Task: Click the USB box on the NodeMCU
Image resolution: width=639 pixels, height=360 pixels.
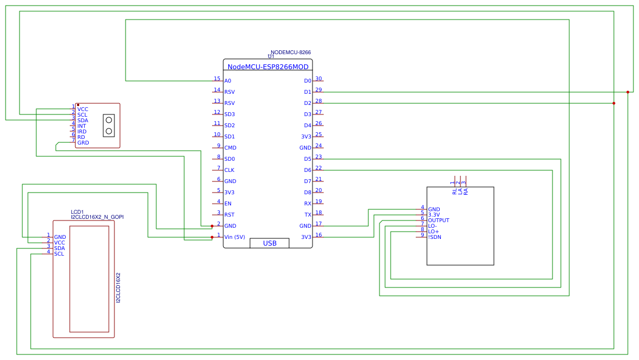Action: tap(270, 243)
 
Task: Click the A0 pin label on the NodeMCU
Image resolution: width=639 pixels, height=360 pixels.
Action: tap(228, 81)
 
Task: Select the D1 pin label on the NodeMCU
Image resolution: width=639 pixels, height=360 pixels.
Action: tap(308, 92)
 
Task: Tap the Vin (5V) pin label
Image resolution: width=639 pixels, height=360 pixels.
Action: tap(234, 237)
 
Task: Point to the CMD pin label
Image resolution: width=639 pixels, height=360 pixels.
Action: tap(230, 148)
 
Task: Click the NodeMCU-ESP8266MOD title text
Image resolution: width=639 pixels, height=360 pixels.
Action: tap(268, 66)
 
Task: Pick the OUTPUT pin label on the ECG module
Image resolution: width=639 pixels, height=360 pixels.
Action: tap(439, 220)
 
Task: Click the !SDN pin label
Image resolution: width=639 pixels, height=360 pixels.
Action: tap(435, 237)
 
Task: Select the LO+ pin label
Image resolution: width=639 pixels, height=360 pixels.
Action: tap(434, 232)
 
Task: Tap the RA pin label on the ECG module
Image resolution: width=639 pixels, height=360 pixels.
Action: tap(465, 191)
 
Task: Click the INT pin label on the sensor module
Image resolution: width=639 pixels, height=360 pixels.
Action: tap(81, 126)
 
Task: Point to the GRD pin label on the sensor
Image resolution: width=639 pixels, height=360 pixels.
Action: tap(83, 143)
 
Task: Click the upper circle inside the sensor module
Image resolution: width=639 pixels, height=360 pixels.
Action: tap(109, 120)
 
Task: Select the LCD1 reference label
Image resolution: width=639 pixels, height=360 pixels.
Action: tap(77, 212)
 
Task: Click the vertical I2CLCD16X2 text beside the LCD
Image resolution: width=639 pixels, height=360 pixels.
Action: tap(118, 288)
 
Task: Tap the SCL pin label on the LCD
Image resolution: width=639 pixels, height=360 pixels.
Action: tap(59, 254)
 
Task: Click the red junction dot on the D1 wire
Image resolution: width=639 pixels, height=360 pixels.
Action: tap(627, 92)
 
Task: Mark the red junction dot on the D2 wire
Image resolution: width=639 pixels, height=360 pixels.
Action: tap(613, 103)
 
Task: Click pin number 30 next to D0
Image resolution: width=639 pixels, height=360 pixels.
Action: tap(318, 79)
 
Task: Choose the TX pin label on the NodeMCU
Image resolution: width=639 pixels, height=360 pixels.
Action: tap(308, 215)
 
